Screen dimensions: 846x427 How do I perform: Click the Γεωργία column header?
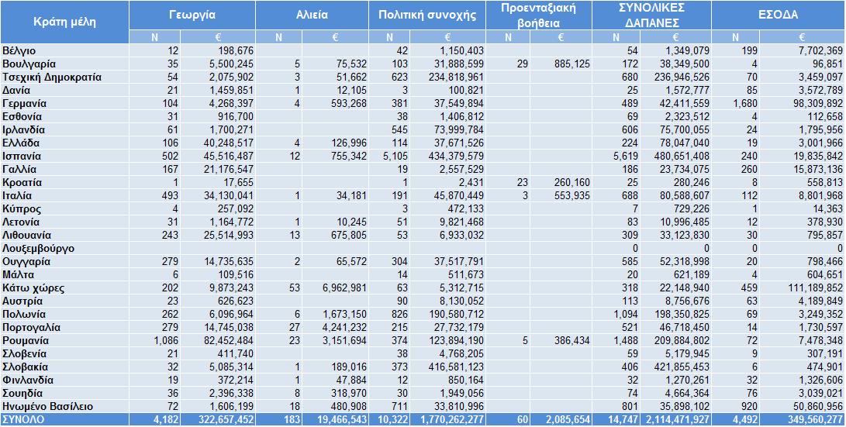tap(192, 15)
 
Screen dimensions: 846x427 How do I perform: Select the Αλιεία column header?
tap(312, 15)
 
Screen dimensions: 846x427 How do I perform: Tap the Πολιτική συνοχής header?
tap(426, 15)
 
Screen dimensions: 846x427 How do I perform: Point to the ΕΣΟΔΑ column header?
tap(778, 15)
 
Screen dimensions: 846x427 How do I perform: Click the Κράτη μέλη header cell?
tap(64, 22)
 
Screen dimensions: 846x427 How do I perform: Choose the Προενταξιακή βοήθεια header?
tap(538, 15)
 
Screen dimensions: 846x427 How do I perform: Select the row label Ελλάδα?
tap(21, 143)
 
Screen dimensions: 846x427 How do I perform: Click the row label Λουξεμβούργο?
tap(38, 249)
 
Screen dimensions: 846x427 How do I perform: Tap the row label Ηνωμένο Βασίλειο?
tap(47, 407)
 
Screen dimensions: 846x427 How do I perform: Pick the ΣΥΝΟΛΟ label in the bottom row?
tap(23, 419)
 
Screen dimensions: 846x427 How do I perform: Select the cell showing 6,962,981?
tap(344, 288)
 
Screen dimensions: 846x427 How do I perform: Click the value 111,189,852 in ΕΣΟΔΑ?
tap(813, 288)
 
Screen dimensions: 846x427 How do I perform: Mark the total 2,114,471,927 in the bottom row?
tap(675, 419)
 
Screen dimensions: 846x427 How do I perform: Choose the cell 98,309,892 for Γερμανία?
tap(815, 104)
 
